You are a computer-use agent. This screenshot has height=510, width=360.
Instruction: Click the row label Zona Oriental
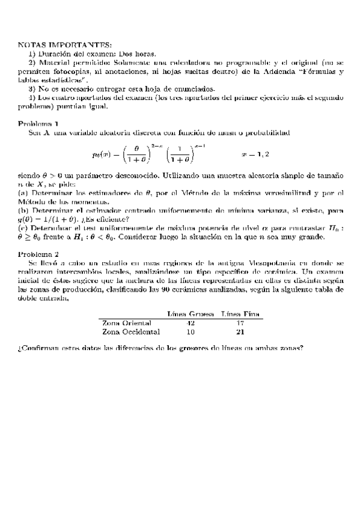(x=127, y=323)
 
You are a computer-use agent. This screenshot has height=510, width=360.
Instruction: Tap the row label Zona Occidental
(x=131, y=331)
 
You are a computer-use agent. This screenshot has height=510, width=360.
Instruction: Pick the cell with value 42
(x=191, y=323)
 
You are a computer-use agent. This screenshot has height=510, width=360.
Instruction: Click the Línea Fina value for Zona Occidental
(x=241, y=331)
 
